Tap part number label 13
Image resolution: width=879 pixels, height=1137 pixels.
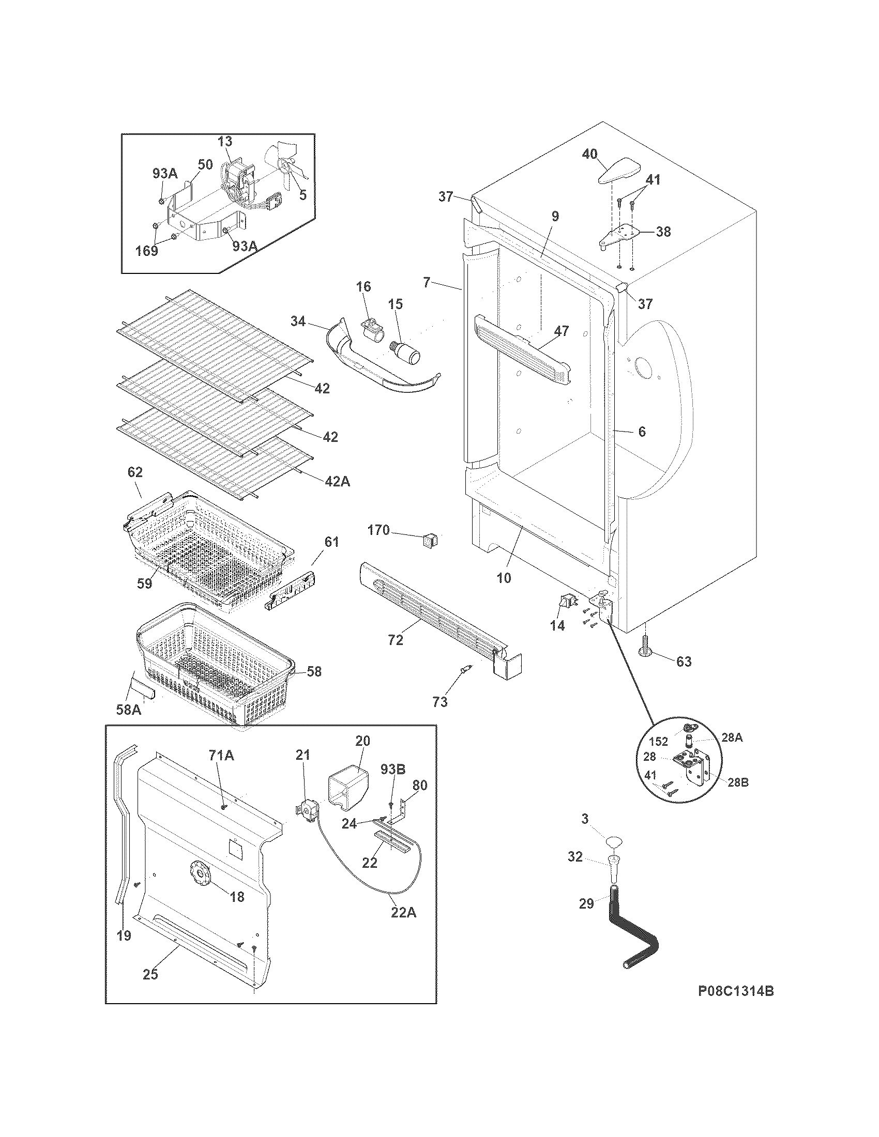point(225,142)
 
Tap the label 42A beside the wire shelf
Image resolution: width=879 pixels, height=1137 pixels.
point(338,482)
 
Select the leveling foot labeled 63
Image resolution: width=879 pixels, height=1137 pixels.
point(646,649)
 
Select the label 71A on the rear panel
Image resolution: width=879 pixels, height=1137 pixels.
point(221,756)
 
